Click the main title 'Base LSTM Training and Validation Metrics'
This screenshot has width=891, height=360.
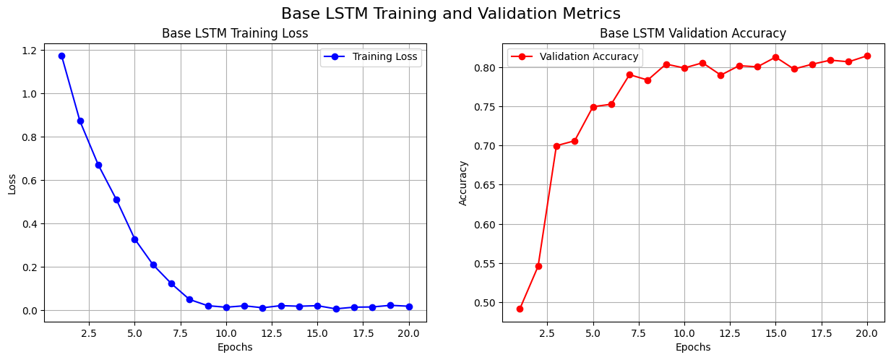450,13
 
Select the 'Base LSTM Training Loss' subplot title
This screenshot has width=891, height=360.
235,33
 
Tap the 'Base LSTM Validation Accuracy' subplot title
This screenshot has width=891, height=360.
692,33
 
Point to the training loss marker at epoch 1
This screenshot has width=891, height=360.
61,56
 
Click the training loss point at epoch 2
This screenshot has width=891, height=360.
80,121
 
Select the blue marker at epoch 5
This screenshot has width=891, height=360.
134,239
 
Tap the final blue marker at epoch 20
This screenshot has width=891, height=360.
409,307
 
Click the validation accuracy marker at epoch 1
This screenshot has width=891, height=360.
520,309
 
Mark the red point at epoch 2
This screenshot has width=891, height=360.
538,266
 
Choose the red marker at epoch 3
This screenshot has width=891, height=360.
556,146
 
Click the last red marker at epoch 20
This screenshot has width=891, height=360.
867,56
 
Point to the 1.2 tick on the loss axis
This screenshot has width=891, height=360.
30,50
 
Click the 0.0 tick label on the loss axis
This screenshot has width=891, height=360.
30,310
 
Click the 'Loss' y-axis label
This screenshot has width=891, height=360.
12,183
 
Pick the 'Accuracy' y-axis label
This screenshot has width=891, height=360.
463,183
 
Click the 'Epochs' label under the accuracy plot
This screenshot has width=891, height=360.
692,347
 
